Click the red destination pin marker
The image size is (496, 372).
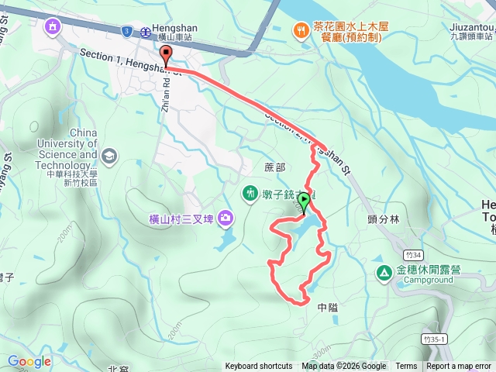[166, 54]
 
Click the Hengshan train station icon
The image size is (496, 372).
[146, 32]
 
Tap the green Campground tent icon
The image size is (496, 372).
[384, 272]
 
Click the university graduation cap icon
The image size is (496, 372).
[109, 155]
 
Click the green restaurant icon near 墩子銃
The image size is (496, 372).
[251, 192]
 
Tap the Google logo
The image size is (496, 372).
[29, 361]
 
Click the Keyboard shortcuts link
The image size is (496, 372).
[259, 367]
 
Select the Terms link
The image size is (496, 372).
[406, 367]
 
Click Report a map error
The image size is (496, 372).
[458, 367]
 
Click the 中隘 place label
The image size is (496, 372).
[329, 307]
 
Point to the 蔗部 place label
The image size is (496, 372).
[275, 167]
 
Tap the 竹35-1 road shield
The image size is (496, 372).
[436, 339]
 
